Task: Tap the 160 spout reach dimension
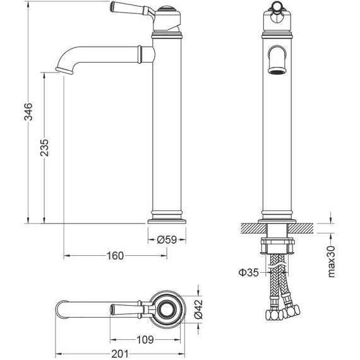[x=114, y=256]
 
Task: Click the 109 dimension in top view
[x=145, y=340]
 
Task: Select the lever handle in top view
[x=130, y=309]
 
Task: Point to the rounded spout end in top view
[x=61, y=309]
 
